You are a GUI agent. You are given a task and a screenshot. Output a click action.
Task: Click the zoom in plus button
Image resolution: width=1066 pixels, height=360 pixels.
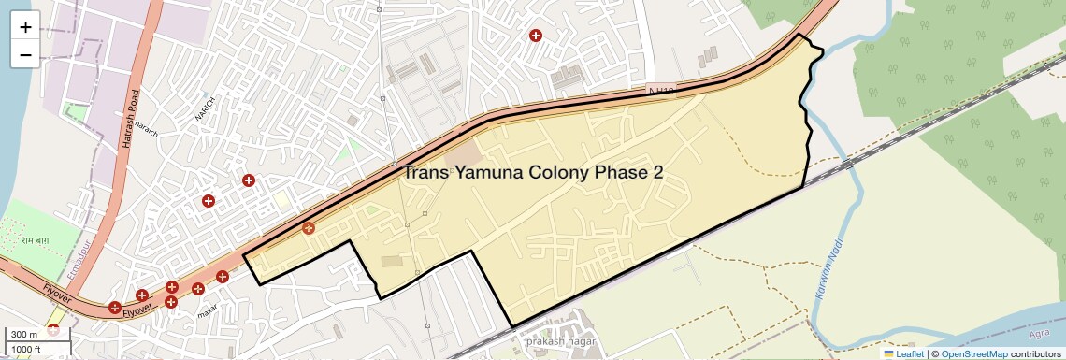(25, 26)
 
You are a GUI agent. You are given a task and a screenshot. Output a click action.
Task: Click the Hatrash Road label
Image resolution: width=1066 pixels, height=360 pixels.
(135, 111)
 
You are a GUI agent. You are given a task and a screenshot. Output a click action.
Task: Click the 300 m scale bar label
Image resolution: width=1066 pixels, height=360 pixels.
(24, 334)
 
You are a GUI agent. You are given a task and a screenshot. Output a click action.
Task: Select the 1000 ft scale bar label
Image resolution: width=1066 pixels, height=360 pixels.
(26, 349)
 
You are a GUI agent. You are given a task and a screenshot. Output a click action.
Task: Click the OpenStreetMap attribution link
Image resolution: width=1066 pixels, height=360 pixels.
(973, 353)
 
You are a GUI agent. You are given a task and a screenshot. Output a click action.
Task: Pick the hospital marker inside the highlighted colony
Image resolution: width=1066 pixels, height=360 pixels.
(308, 227)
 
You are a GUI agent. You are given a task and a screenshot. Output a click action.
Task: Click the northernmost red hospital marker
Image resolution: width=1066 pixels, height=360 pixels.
(536, 36)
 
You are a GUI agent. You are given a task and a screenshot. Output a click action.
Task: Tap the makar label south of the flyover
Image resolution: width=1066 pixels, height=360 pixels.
(209, 310)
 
